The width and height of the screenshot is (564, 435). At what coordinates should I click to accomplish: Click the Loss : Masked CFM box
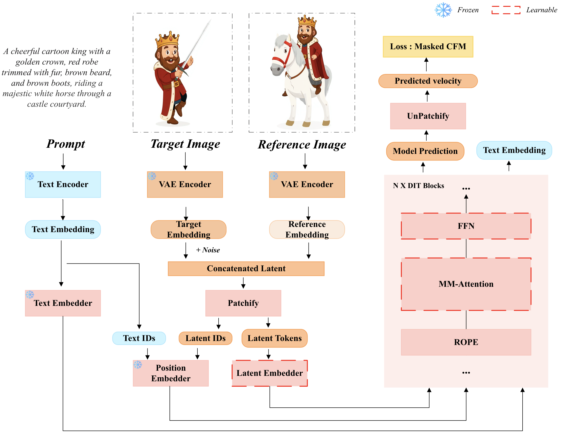(428, 47)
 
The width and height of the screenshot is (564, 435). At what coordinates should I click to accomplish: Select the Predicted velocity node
(428, 81)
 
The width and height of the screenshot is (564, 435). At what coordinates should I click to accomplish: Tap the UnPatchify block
(428, 116)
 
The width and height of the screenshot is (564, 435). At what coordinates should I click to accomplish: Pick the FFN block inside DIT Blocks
(466, 226)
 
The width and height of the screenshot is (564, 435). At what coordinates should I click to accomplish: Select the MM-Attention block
(466, 284)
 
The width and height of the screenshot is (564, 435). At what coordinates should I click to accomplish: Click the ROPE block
(466, 342)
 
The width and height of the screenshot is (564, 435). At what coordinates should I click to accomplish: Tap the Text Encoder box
(63, 185)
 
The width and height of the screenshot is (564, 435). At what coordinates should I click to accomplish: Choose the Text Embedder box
(63, 303)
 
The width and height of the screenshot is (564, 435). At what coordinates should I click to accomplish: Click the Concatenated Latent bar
(246, 268)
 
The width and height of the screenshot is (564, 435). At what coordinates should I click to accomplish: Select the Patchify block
(243, 303)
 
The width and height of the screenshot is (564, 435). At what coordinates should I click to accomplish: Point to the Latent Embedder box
(269, 373)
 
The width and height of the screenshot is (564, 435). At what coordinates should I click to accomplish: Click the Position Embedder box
(170, 373)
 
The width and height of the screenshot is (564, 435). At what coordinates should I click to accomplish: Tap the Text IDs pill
(139, 338)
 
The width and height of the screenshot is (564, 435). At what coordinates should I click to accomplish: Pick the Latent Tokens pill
(274, 338)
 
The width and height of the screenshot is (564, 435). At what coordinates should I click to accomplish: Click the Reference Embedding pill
(307, 229)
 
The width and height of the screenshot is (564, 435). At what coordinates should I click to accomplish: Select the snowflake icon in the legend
(443, 10)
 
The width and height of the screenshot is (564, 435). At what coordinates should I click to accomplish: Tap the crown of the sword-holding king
(167, 39)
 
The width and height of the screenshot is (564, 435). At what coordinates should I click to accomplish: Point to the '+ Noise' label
(208, 250)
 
